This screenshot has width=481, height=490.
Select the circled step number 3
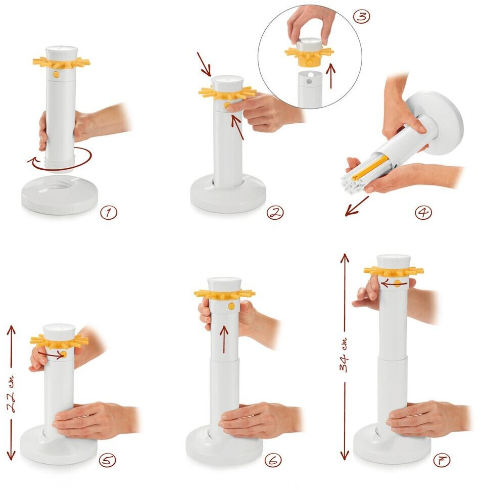[361, 17]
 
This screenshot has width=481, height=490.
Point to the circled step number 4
[423, 212]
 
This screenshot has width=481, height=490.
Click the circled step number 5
[107, 460]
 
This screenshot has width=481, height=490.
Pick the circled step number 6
[273, 460]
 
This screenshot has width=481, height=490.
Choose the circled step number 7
[442, 460]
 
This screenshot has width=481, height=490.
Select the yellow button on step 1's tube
[56, 74]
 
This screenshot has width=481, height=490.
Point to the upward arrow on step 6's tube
[224, 339]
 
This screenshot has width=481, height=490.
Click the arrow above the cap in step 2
[204, 64]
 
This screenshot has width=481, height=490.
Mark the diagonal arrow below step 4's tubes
[357, 206]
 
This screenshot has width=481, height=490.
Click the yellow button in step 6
[231, 306]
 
